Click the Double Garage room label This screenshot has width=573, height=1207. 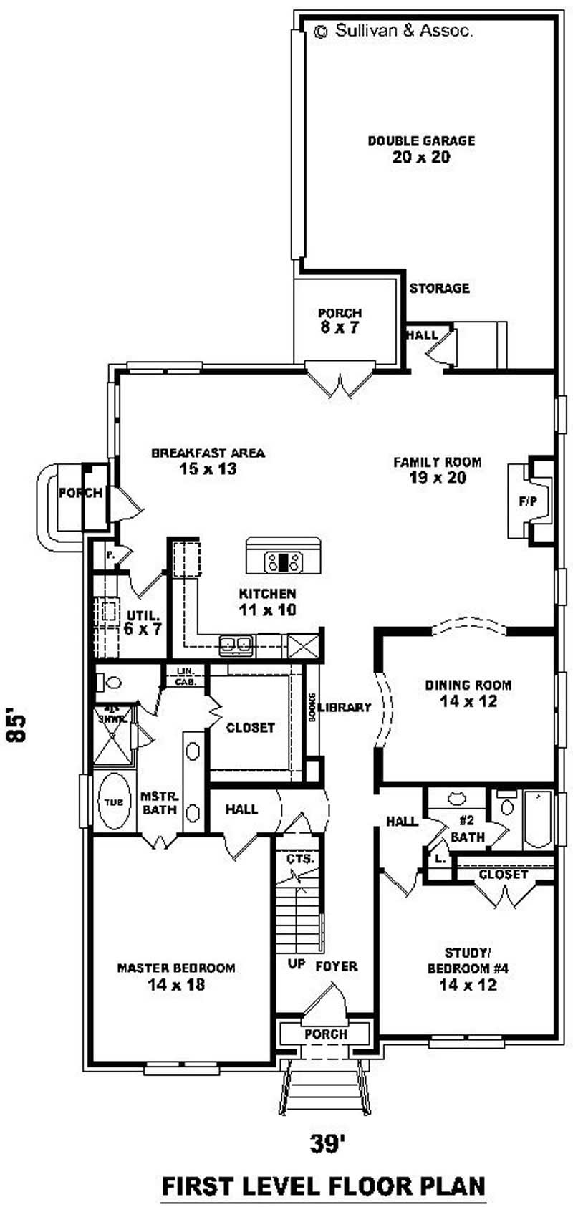point(421,141)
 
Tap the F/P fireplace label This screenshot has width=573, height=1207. point(528,502)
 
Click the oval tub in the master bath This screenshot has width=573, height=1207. point(113,802)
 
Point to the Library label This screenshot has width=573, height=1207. point(345,708)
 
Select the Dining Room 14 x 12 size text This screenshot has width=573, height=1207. point(468,701)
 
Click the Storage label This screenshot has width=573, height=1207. point(439,288)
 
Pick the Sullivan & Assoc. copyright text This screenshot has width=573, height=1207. point(394,31)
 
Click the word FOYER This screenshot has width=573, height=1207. point(337,966)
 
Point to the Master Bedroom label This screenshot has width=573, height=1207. point(176,968)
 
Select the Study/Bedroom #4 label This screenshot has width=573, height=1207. point(468,961)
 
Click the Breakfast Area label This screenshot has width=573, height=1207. point(208,453)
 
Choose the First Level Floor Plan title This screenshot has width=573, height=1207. point(324,1186)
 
